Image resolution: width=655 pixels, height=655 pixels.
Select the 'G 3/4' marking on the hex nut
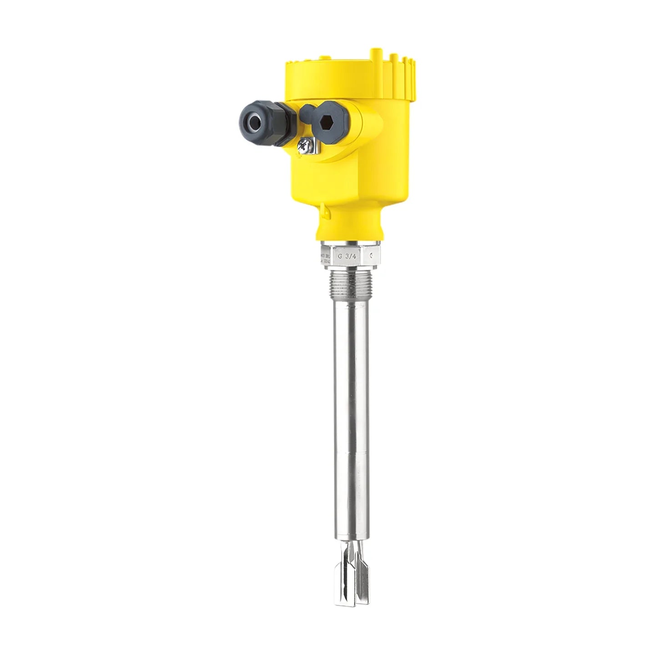tap(350, 256)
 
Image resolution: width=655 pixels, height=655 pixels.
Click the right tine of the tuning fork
tap(362, 578)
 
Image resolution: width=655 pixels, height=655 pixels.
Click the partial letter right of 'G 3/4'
tap(372, 256)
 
